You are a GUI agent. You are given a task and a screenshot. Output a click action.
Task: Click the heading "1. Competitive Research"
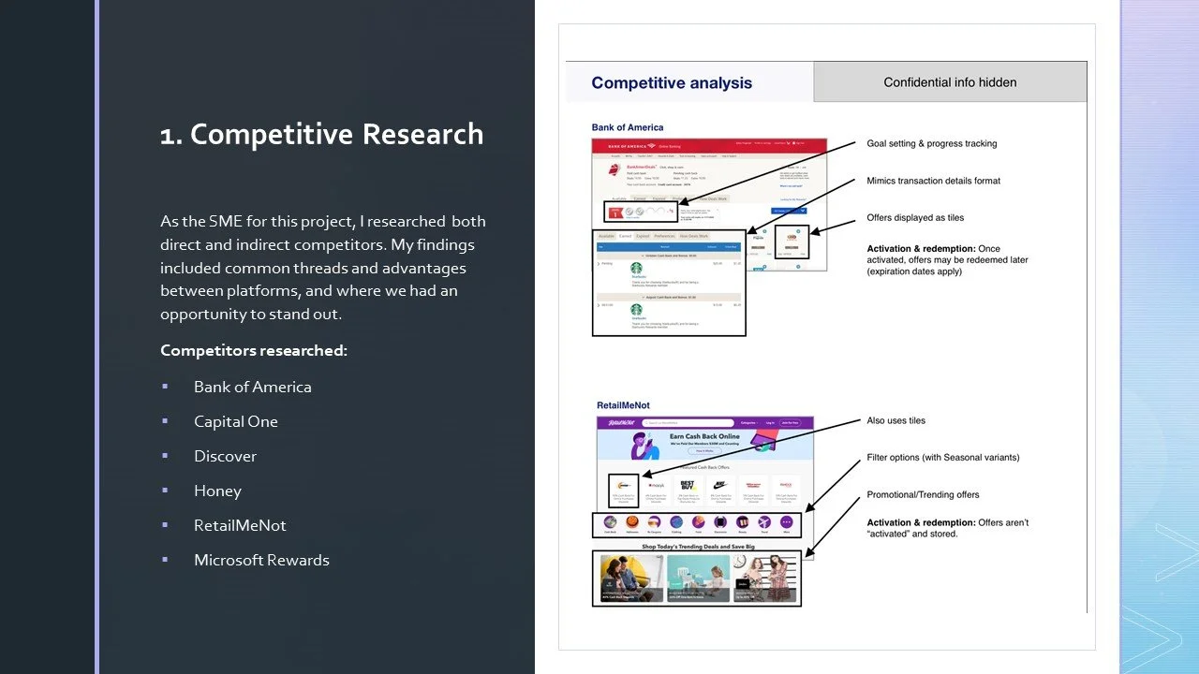click(321, 135)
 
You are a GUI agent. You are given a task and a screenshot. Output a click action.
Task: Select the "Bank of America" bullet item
click(252, 387)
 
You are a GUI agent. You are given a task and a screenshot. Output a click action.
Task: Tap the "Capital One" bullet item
click(235, 421)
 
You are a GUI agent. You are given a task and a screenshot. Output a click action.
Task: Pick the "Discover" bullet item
click(225, 456)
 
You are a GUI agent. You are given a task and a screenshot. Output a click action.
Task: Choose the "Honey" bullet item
click(217, 491)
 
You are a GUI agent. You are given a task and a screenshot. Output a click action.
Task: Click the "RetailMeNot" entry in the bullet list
click(240, 525)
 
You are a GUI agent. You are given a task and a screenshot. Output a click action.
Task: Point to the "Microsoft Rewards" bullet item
click(261, 560)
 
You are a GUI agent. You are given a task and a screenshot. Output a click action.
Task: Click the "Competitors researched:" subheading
click(253, 350)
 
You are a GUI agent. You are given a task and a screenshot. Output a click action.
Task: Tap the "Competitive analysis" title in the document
click(671, 82)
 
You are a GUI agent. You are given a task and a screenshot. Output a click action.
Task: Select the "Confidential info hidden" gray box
click(949, 82)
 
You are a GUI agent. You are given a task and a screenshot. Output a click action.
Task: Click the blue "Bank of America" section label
click(627, 127)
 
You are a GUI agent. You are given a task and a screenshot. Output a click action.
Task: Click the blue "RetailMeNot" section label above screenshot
click(623, 405)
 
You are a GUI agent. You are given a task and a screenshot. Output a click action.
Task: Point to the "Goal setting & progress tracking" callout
click(931, 143)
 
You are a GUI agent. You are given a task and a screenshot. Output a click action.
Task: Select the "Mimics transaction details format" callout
click(933, 181)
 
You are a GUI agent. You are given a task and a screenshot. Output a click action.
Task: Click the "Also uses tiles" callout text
click(896, 420)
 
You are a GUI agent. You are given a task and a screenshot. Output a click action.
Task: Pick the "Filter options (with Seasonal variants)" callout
click(942, 458)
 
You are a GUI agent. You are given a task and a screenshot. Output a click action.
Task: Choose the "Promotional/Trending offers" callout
click(923, 494)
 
